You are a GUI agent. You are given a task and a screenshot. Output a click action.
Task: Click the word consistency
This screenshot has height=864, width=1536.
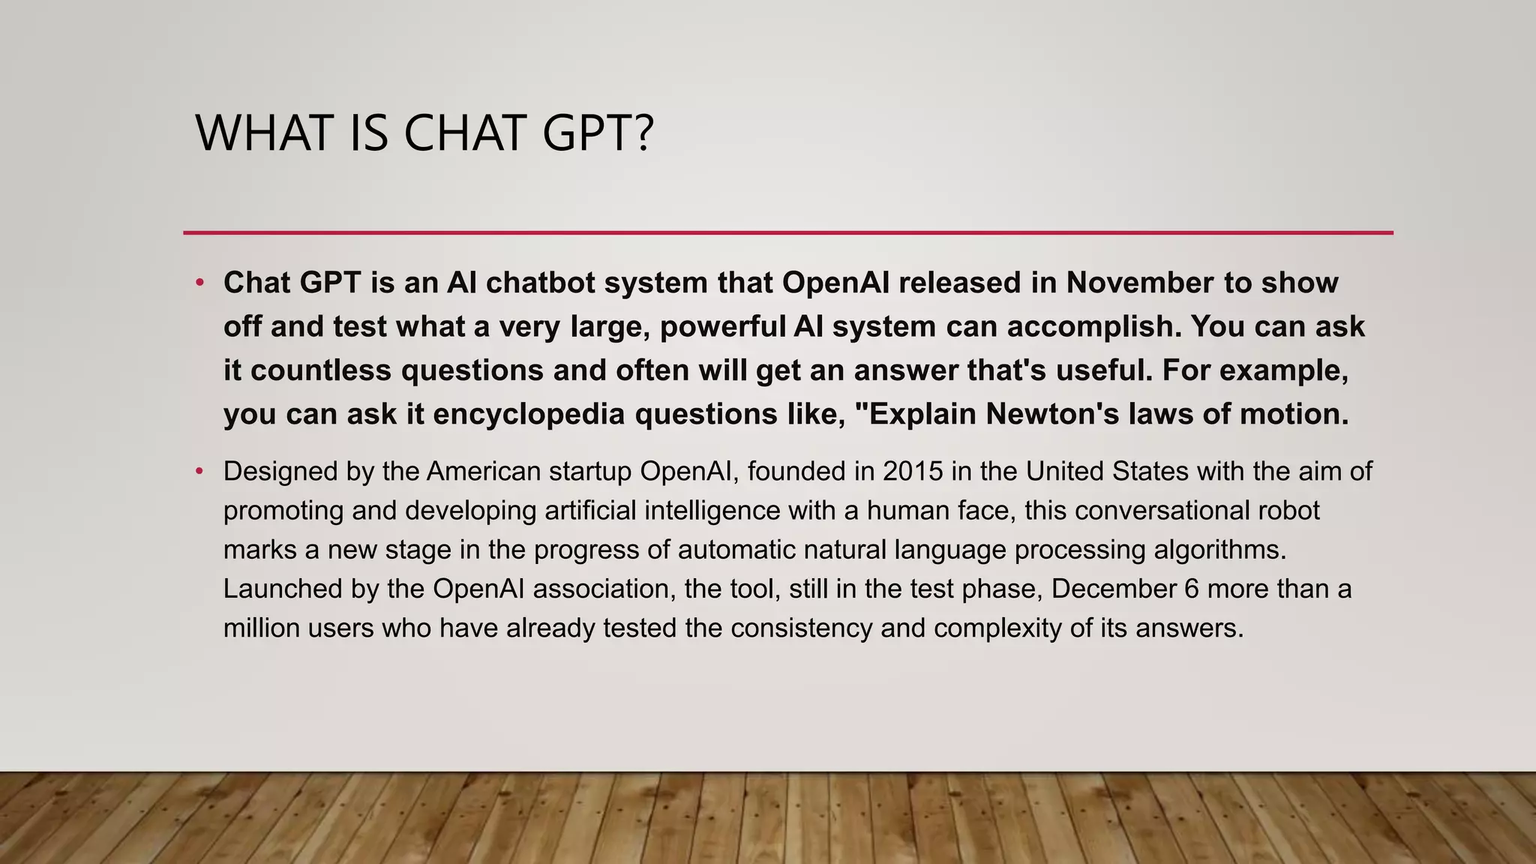pos(801,628)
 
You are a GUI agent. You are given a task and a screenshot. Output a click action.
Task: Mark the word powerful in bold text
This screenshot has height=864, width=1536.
pos(721,327)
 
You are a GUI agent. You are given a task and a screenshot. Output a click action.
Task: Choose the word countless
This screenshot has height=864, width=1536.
pos(322,370)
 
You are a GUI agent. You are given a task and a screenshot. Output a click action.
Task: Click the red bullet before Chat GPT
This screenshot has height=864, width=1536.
pos(199,283)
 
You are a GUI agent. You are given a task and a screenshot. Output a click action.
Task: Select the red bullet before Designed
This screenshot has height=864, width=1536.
pos(199,472)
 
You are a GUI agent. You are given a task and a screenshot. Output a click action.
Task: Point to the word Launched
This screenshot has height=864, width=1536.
pos(282,589)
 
